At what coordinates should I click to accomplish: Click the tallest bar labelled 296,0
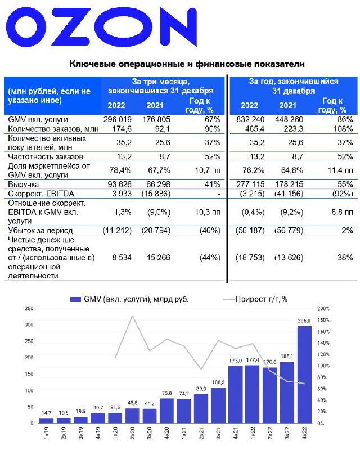pos(304,375)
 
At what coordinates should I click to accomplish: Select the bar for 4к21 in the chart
pos(235,395)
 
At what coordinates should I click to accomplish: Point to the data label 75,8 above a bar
pos(166,393)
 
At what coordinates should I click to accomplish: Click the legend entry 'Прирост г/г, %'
pos(264,299)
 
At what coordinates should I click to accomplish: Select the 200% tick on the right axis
pos(324,309)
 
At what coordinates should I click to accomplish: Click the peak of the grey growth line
pos(132,316)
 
